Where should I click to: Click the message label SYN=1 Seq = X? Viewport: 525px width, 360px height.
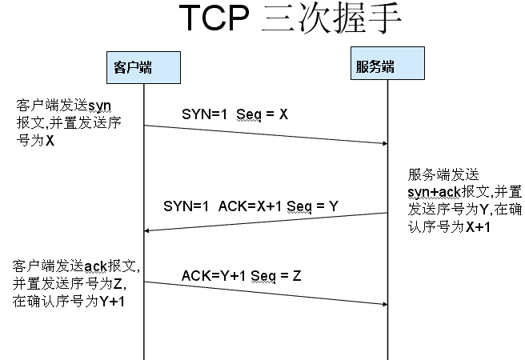click(x=234, y=114)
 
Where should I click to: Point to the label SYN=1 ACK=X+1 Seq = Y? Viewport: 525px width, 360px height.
click(x=250, y=206)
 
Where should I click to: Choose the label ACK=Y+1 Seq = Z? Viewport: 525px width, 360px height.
click(x=241, y=276)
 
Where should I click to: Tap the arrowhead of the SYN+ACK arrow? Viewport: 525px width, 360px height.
click(x=148, y=231)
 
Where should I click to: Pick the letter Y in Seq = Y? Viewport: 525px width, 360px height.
click(x=333, y=206)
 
